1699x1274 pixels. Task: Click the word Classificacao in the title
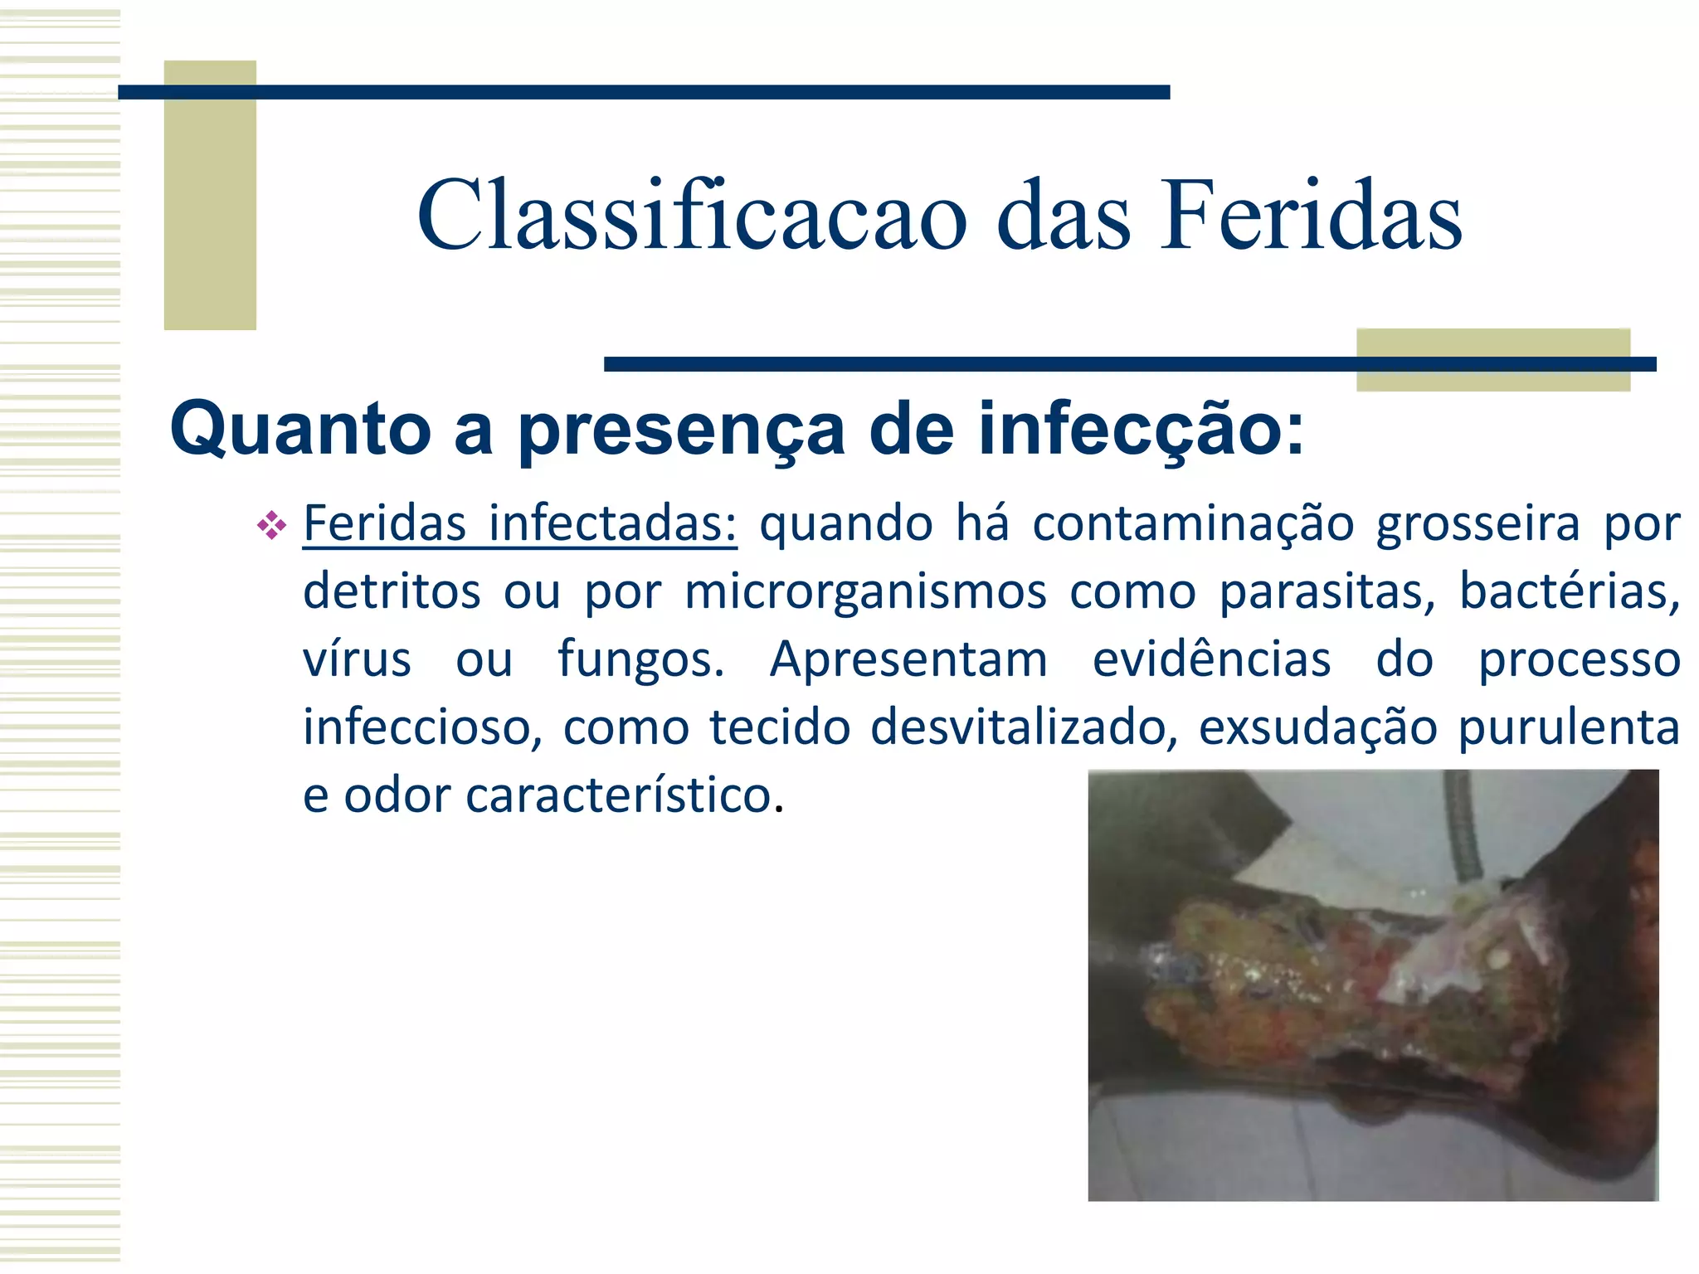point(692,216)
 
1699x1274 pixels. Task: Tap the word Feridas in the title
point(1310,216)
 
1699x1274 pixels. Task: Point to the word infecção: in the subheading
point(1141,430)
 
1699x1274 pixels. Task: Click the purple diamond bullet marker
point(271,525)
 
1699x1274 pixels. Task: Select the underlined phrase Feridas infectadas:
point(519,524)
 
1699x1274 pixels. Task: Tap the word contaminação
point(1193,524)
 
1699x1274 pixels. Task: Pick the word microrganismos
point(865,592)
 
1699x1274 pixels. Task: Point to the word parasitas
point(1327,592)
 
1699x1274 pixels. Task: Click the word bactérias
point(1569,592)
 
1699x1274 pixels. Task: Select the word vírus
point(357,660)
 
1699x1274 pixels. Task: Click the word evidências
point(1211,660)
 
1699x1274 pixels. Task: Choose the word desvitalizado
point(1024,727)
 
